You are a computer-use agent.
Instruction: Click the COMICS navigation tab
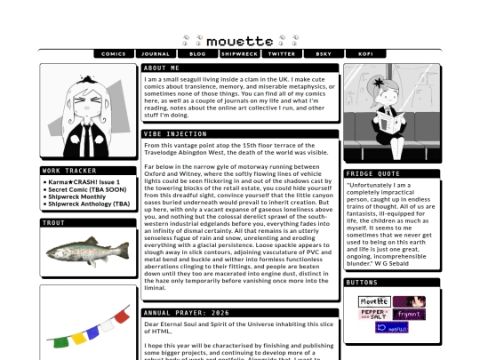pyautogui.click(x=114, y=54)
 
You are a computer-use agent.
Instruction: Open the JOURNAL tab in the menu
pyautogui.click(x=156, y=54)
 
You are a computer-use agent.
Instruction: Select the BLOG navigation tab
pyautogui.click(x=197, y=54)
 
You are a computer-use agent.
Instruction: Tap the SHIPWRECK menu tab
pyautogui.click(x=239, y=54)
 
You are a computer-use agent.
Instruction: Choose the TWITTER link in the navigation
pyautogui.click(x=282, y=54)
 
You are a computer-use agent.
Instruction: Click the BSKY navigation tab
pyautogui.click(x=324, y=54)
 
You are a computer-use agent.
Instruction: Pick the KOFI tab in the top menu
pyautogui.click(x=365, y=54)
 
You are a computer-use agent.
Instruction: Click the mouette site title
pyautogui.click(x=240, y=41)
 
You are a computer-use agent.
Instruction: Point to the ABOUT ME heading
pyautogui.click(x=162, y=68)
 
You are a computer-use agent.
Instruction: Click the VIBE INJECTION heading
pyautogui.click(x=175, y=134)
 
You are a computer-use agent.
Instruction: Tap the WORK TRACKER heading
pyautogui.click(x=69, y=171)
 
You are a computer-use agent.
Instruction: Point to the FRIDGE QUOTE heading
pyautogui.click(x=372, y=174)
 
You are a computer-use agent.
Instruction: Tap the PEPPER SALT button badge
pyautogui.click(x=373, y=315)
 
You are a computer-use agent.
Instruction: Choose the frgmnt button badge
pyautogui.click(x=410, y=315)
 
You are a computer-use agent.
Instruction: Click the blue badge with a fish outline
pyautogui.click(x=391, y=328)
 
